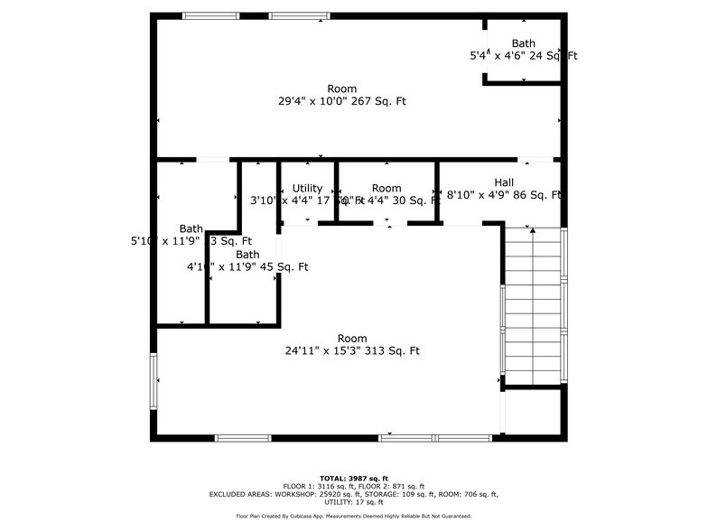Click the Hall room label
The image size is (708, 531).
tap(504, 182)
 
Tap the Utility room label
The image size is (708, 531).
tap(307, 189)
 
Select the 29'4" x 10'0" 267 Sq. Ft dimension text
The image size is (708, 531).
tap(342, 101)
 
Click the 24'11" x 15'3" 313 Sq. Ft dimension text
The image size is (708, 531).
tap(352, 351)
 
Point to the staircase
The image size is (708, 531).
tap(533, 307)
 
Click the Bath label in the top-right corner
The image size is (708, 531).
tap(523, 43)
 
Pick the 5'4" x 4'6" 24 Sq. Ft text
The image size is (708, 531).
tap(523, 56)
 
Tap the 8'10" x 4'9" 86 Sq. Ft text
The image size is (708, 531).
tap(504, 195)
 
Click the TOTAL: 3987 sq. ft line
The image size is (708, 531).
tap(354, 478)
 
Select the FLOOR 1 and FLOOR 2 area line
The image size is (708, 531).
tap(354, 486)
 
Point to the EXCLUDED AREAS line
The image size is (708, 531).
tap(354, 494)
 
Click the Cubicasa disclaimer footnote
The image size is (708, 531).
tap(354, 516)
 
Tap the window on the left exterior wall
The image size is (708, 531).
tap(154, 381)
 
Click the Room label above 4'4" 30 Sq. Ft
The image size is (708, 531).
tap(387, 189)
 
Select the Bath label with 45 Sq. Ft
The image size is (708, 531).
tap(247, 255)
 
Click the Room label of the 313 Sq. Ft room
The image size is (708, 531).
tap(352, 339)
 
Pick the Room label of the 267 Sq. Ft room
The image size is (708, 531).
tap(342, 88)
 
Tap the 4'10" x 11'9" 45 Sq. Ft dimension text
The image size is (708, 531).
tap(247, 267)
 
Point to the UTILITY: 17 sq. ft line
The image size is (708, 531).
tap(354, 502)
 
